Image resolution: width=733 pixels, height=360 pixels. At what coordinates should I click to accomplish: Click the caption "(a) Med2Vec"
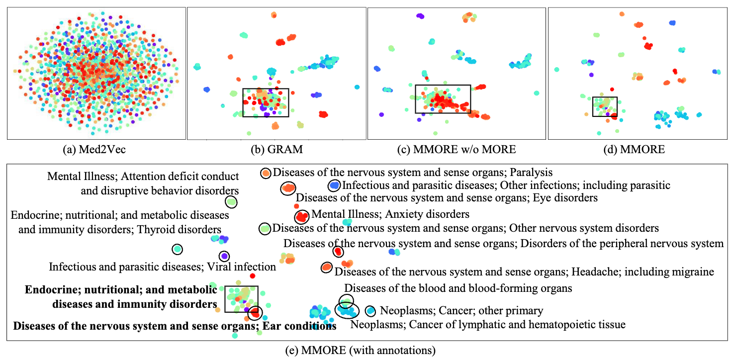(x=95, y=149)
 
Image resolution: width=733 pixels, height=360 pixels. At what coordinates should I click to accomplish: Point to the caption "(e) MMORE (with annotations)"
(x=368, y=351)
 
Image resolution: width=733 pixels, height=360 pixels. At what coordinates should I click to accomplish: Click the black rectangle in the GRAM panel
(x=266, y=89)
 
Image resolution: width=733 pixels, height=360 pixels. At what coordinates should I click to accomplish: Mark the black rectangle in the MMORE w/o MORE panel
(x=443, y=86)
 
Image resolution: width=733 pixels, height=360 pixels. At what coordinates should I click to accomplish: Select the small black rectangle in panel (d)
(x=605, y=97)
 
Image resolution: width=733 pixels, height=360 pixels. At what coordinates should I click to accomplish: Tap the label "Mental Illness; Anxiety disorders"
(x=390, y=215)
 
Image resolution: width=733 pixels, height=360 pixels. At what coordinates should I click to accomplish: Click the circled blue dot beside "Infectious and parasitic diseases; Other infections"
(x=334, y=185)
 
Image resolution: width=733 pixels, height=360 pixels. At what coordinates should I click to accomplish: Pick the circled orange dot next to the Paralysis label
(x=266, y=173)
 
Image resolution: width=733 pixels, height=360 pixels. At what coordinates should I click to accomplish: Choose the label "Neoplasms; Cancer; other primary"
(x=461, y=311)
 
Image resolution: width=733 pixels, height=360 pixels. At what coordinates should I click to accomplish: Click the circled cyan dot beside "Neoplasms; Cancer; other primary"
(x=370, y=311)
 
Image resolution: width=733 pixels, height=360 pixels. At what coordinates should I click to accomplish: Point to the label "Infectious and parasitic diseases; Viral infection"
(x=162, y=267)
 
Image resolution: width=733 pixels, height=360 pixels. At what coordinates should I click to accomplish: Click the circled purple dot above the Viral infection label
(x=224, y=256)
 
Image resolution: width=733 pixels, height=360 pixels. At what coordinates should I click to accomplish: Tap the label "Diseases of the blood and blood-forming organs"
(x=458, y=288)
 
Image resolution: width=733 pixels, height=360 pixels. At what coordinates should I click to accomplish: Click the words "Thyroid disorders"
(x=179, y=229)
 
